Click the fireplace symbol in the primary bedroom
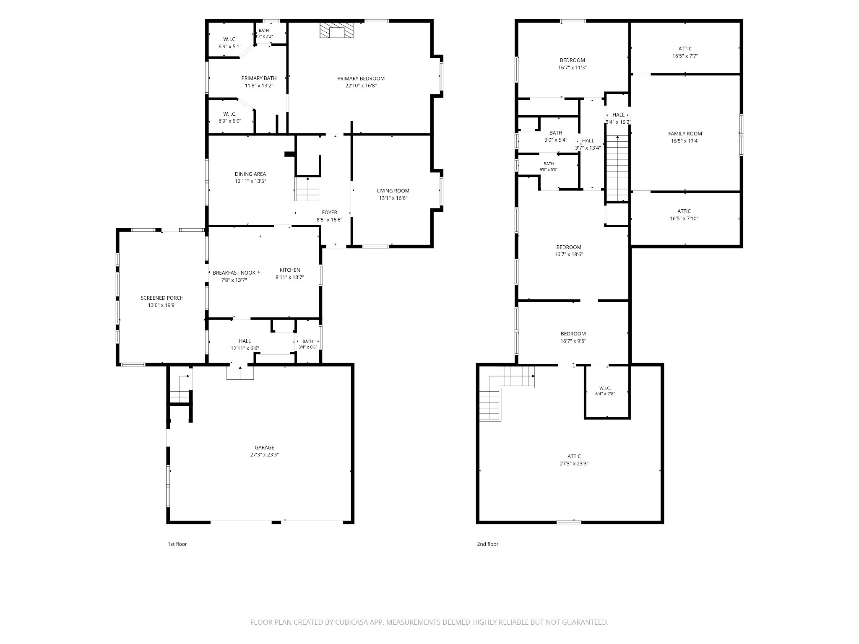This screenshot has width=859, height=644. click(x=337, y=30)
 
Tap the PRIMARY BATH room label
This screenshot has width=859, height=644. click(x=259, y=78)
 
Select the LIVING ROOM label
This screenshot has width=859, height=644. click(x=393, y=191)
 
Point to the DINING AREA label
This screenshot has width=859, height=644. click(x=250, y=174)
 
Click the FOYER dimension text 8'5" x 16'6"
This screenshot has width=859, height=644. click(x=329, y=220)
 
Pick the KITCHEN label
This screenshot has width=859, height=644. click(x=290, y=270)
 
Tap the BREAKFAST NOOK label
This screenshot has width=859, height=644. click(x=234, y=273)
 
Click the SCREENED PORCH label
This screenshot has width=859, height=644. click(x=162, y=298)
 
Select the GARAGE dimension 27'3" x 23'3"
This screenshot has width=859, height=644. click(x=264, y=454)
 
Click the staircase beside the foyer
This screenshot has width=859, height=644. click(x=308, y=189)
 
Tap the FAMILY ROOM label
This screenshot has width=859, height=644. click(x=685, y=134)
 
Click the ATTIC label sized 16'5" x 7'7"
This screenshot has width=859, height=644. click(x=685, y=49)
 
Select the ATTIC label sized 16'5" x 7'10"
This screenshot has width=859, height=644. click(x=684, y=211)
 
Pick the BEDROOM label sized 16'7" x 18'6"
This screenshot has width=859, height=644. click(x=569, y=247)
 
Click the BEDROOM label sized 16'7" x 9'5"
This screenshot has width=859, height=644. click(x=573, y=334)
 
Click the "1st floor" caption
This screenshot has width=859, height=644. click(x=177, y=544)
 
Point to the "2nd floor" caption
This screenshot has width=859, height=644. click(x=487, y=544)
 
